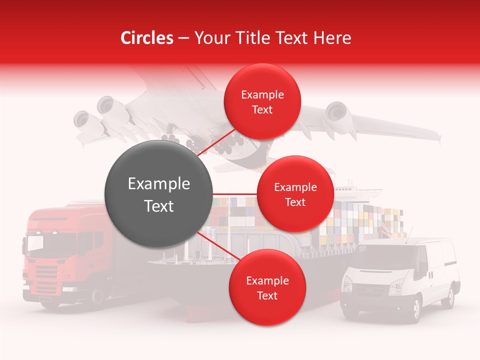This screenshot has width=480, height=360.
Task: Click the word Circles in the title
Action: (146, 38)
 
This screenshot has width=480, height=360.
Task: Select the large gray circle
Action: (158, 194)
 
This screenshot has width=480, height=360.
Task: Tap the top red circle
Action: (262, 102)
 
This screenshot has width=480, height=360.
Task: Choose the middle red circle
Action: (295, 194)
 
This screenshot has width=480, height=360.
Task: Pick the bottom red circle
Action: (267, 288)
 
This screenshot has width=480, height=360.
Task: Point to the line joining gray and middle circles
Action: (234, 194)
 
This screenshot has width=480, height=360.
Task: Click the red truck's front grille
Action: (46, 275)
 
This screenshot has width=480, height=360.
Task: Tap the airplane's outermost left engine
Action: (81, 120)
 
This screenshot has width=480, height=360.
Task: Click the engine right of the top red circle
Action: (336, 112)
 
